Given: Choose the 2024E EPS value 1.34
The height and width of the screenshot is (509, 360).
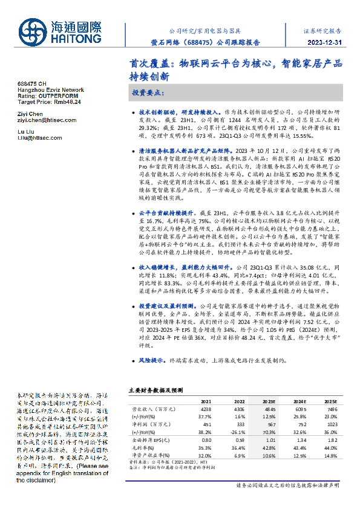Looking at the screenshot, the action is pos(301,439).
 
